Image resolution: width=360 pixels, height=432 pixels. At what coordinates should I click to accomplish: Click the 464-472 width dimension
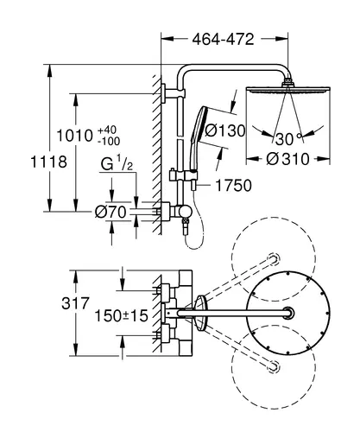[x=223, y=39]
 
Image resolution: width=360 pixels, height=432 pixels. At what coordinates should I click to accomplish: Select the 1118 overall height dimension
[x=48, y=162]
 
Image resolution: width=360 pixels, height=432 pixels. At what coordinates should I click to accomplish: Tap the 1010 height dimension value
[x=74, y=136]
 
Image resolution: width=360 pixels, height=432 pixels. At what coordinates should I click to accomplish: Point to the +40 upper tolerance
[x=107, y=130]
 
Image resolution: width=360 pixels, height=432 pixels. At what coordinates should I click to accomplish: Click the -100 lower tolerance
[x=109, y=142]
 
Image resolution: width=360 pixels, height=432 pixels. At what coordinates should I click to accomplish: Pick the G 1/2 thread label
[x=117, y=164]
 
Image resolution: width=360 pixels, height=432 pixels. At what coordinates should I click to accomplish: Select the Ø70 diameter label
[x=111, y=213]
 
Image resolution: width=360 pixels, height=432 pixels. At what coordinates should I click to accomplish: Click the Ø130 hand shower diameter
[x=225, y=130]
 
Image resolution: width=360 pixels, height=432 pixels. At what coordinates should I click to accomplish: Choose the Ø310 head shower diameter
[x=287, y=159]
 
